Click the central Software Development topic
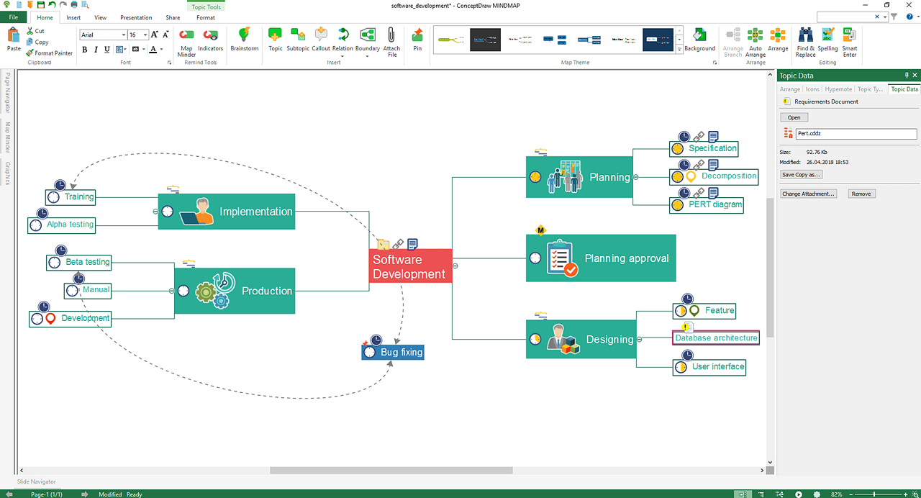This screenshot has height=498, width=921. (x=410, y=266)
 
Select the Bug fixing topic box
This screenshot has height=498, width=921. (x=393, y=353)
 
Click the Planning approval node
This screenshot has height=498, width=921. (x=601, y=258)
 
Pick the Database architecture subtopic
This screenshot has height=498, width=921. (x=716, y=338)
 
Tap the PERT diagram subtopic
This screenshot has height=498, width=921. (x=706, y=204)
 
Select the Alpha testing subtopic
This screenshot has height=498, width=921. (x=62, y=225)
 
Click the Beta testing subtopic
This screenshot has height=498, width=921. (x=79, y=262)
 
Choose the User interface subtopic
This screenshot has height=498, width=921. (x=709, y=367)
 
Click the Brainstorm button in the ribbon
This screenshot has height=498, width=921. (x=245, y=40)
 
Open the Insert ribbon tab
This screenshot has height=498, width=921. (x=73, y=17)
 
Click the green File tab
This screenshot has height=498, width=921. (x=13, y=17)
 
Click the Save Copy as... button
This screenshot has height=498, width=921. (x=802, y=175)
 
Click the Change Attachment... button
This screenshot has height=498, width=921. (x=809, y=194)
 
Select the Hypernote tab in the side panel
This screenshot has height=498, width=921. (x=838, y=89)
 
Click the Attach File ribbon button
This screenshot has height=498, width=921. (x=391, y=42)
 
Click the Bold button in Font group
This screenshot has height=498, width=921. (x=85, y=50)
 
